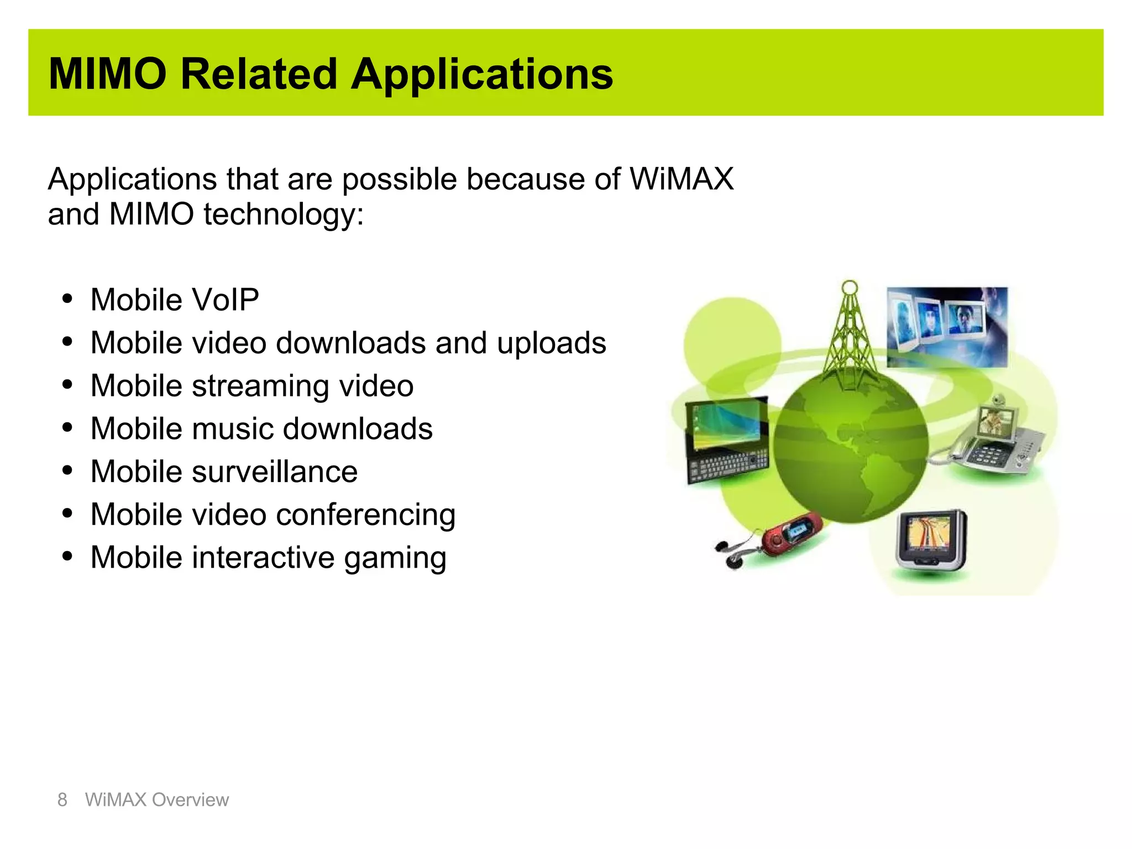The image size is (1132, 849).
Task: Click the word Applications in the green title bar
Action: [x=481, y=75]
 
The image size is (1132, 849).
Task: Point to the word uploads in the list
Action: [x=551, y=344]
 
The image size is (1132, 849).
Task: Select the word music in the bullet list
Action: [x=233, y=429]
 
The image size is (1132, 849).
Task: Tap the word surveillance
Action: [x=275, y=472]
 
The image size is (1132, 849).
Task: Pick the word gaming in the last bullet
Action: [x=395, y=558]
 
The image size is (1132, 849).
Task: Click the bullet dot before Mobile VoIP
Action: [x=67, y=300]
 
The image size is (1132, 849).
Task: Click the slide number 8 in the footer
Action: [x=62, y=800]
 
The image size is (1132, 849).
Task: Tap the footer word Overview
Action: [x=190, y=800]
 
